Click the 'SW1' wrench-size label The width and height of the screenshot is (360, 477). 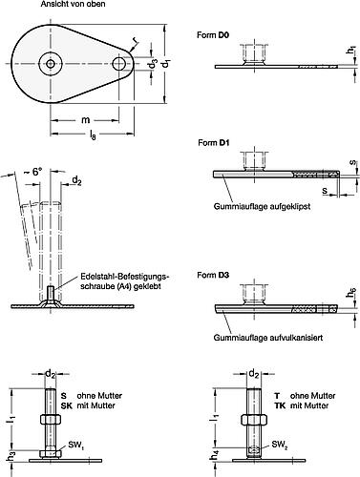tap(99, 446)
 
